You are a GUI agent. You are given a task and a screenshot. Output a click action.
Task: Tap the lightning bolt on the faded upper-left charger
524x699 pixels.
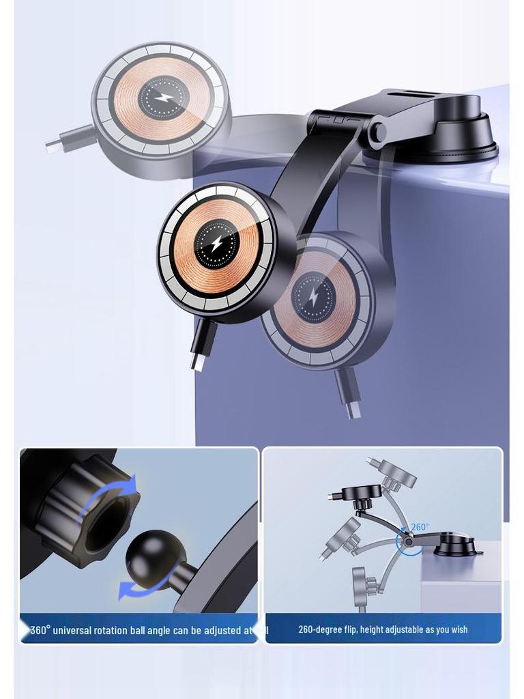click(x=163, y=98)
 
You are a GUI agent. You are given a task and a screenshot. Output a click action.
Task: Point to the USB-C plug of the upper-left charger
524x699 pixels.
click(x=53, y=144)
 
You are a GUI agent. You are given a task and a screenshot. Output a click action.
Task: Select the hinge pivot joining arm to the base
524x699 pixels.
click(x=377, y=132)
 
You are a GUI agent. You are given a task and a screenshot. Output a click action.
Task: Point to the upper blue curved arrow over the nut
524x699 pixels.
click(x=123, y=489)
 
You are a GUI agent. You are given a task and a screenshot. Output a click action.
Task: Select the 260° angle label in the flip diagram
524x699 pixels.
click(x=420, y=528)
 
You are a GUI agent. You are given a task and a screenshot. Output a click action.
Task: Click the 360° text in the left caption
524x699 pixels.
click(x=40, y=630)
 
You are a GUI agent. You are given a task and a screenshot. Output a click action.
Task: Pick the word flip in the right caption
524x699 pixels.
click(x=349, y=629)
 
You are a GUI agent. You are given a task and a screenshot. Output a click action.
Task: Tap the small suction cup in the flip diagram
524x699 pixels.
click(x=456, y=546)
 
